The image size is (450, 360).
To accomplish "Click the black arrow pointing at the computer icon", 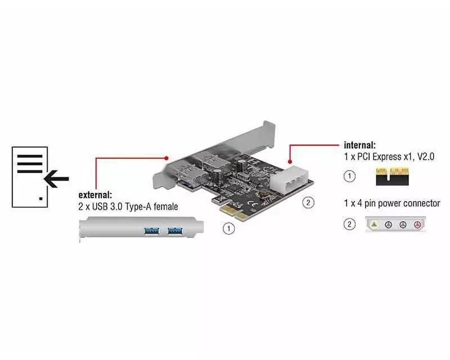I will tap(56, 179).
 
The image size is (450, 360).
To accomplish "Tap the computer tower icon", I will tap(30, 177).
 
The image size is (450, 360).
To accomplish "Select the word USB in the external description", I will tap(105, 207).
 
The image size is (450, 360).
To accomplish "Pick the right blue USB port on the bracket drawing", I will tap(175, 229).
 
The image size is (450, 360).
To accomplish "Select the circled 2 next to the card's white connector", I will tap(308, 202).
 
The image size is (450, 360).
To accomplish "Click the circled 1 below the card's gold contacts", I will tap(228, 228).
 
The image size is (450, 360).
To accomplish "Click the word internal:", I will tap(359, 145).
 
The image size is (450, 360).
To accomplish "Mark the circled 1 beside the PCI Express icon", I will tap(350, 177).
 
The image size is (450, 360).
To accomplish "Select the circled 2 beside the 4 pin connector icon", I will tap(350, 225).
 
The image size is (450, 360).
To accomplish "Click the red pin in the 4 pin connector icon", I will tap(417, 225).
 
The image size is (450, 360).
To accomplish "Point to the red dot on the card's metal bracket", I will tap(167, 158).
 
